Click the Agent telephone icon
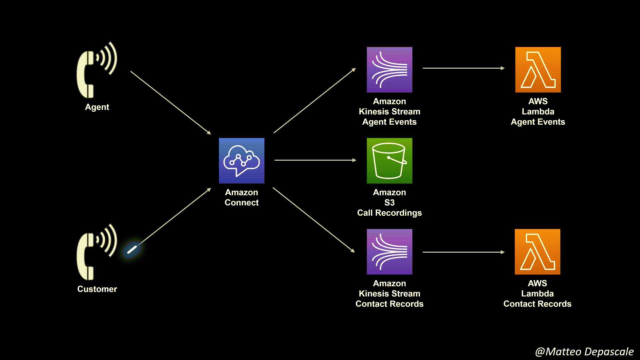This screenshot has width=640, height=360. [x=96, y=71]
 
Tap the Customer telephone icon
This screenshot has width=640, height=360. [x=96, y=252]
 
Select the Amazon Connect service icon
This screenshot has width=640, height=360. [x=241, y=161]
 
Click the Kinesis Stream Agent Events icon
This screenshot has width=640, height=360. [x=389, y=70]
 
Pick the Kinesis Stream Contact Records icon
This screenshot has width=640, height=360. [x=389, y=252]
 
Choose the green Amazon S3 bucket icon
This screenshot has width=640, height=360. [x=389, y=161]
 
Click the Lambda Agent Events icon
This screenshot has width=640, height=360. [x=538, y=70]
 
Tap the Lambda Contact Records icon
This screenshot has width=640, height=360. [x=537, y=252]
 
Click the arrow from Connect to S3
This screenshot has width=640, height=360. [x=315, y=160]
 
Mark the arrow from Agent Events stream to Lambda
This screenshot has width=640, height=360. [x=463, y=68]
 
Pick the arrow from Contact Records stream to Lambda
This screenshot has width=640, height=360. [x=463, y=252]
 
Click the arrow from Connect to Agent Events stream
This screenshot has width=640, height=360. [x=315, y=101]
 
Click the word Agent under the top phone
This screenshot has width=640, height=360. [x=97, y=107]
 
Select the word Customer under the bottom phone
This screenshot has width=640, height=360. [x=97, y=289]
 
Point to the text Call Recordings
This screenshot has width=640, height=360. [x=389, y=213]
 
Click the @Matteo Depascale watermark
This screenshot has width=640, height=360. [x=584, y=352]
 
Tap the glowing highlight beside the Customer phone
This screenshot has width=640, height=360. [x=132, y=250]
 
